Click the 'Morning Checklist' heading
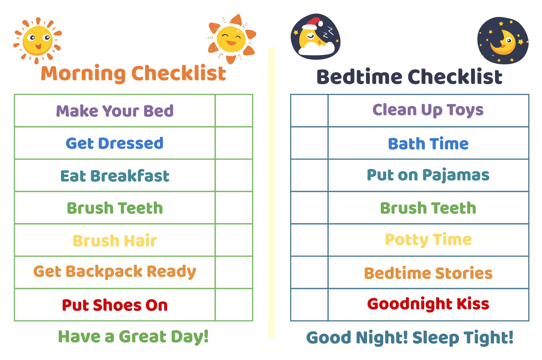click(134, 73)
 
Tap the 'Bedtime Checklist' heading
click(409, 76)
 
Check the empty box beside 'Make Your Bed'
click(234, 111)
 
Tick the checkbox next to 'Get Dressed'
click(234, 143)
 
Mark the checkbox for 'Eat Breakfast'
click(234, 175)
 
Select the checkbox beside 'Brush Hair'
click(234, 240)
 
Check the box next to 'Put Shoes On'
click(234, 305)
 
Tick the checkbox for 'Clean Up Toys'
click(309, 111)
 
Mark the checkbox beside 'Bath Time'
click(309, 143)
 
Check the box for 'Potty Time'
click(309, 240)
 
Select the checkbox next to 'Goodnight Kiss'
click(309, 305)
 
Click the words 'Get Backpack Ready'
click(115, 272)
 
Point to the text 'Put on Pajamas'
click(428, 175)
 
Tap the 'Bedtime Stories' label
click(428, 273)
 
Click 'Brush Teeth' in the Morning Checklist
click(115, 208)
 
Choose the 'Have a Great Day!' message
click(133, 337)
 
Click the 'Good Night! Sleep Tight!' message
click(410, 338)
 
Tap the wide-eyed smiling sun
click(38, 40)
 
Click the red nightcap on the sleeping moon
click(313, 23)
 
